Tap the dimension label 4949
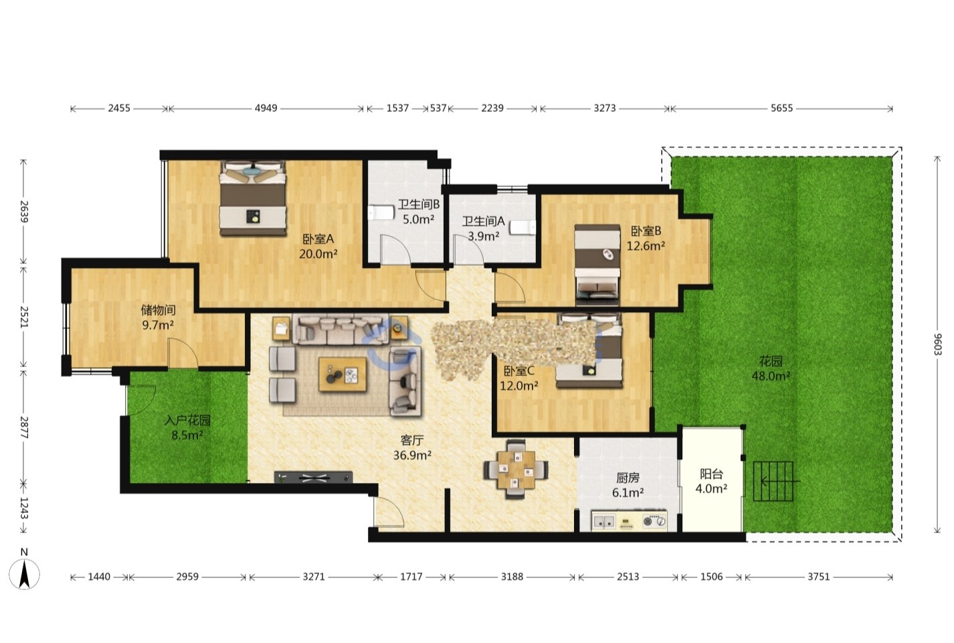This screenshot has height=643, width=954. click(266, 109)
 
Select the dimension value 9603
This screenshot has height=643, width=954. click(937, 345)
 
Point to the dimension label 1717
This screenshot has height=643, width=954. click(411, 577)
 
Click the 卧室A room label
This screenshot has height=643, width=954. click(318, 238)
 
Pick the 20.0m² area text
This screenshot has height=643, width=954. click(318, 254)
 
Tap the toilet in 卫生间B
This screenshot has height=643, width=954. click(381, 212)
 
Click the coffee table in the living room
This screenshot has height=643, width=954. click(343, 374)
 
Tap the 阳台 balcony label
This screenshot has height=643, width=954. click(711, 474)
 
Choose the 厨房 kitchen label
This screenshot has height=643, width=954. click(628, 478)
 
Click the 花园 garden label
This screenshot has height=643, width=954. click(771, 361)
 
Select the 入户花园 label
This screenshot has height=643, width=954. click(187, 421)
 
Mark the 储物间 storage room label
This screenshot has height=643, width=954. click(158, 310)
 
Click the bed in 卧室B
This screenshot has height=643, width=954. click(597, 265)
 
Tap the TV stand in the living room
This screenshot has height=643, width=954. click(313, 477)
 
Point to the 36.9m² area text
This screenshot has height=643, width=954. click(412, 455)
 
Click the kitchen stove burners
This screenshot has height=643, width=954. click(654, 521)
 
